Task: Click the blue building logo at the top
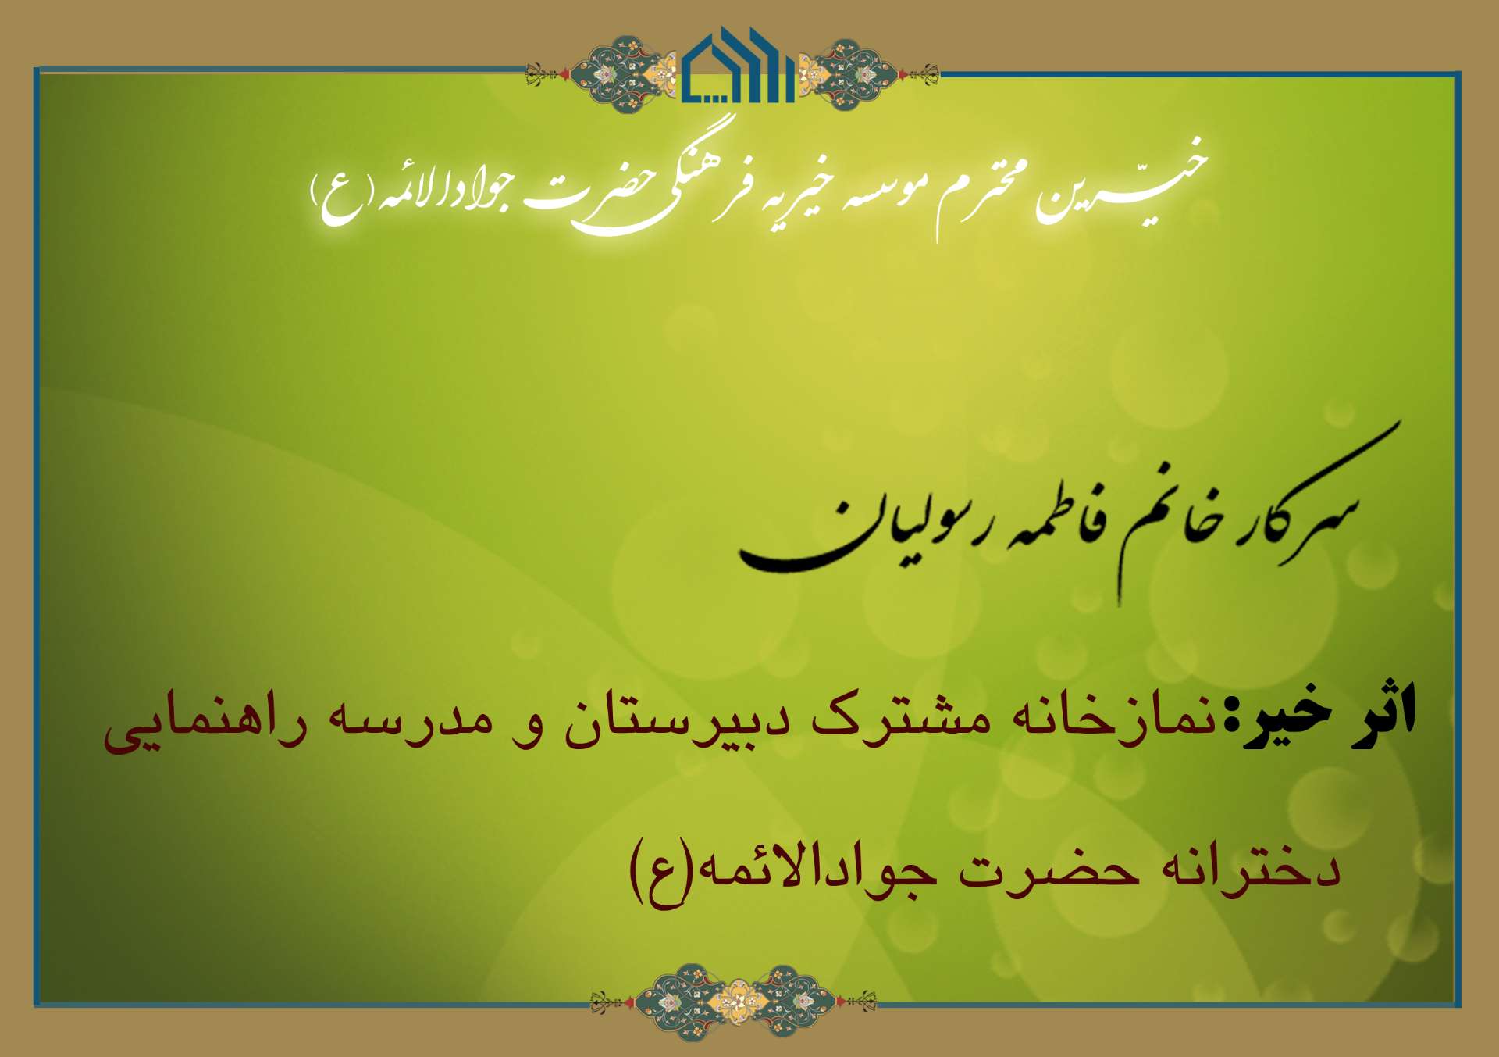tap(739, 66)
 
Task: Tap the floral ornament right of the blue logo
tap(867, 73)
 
